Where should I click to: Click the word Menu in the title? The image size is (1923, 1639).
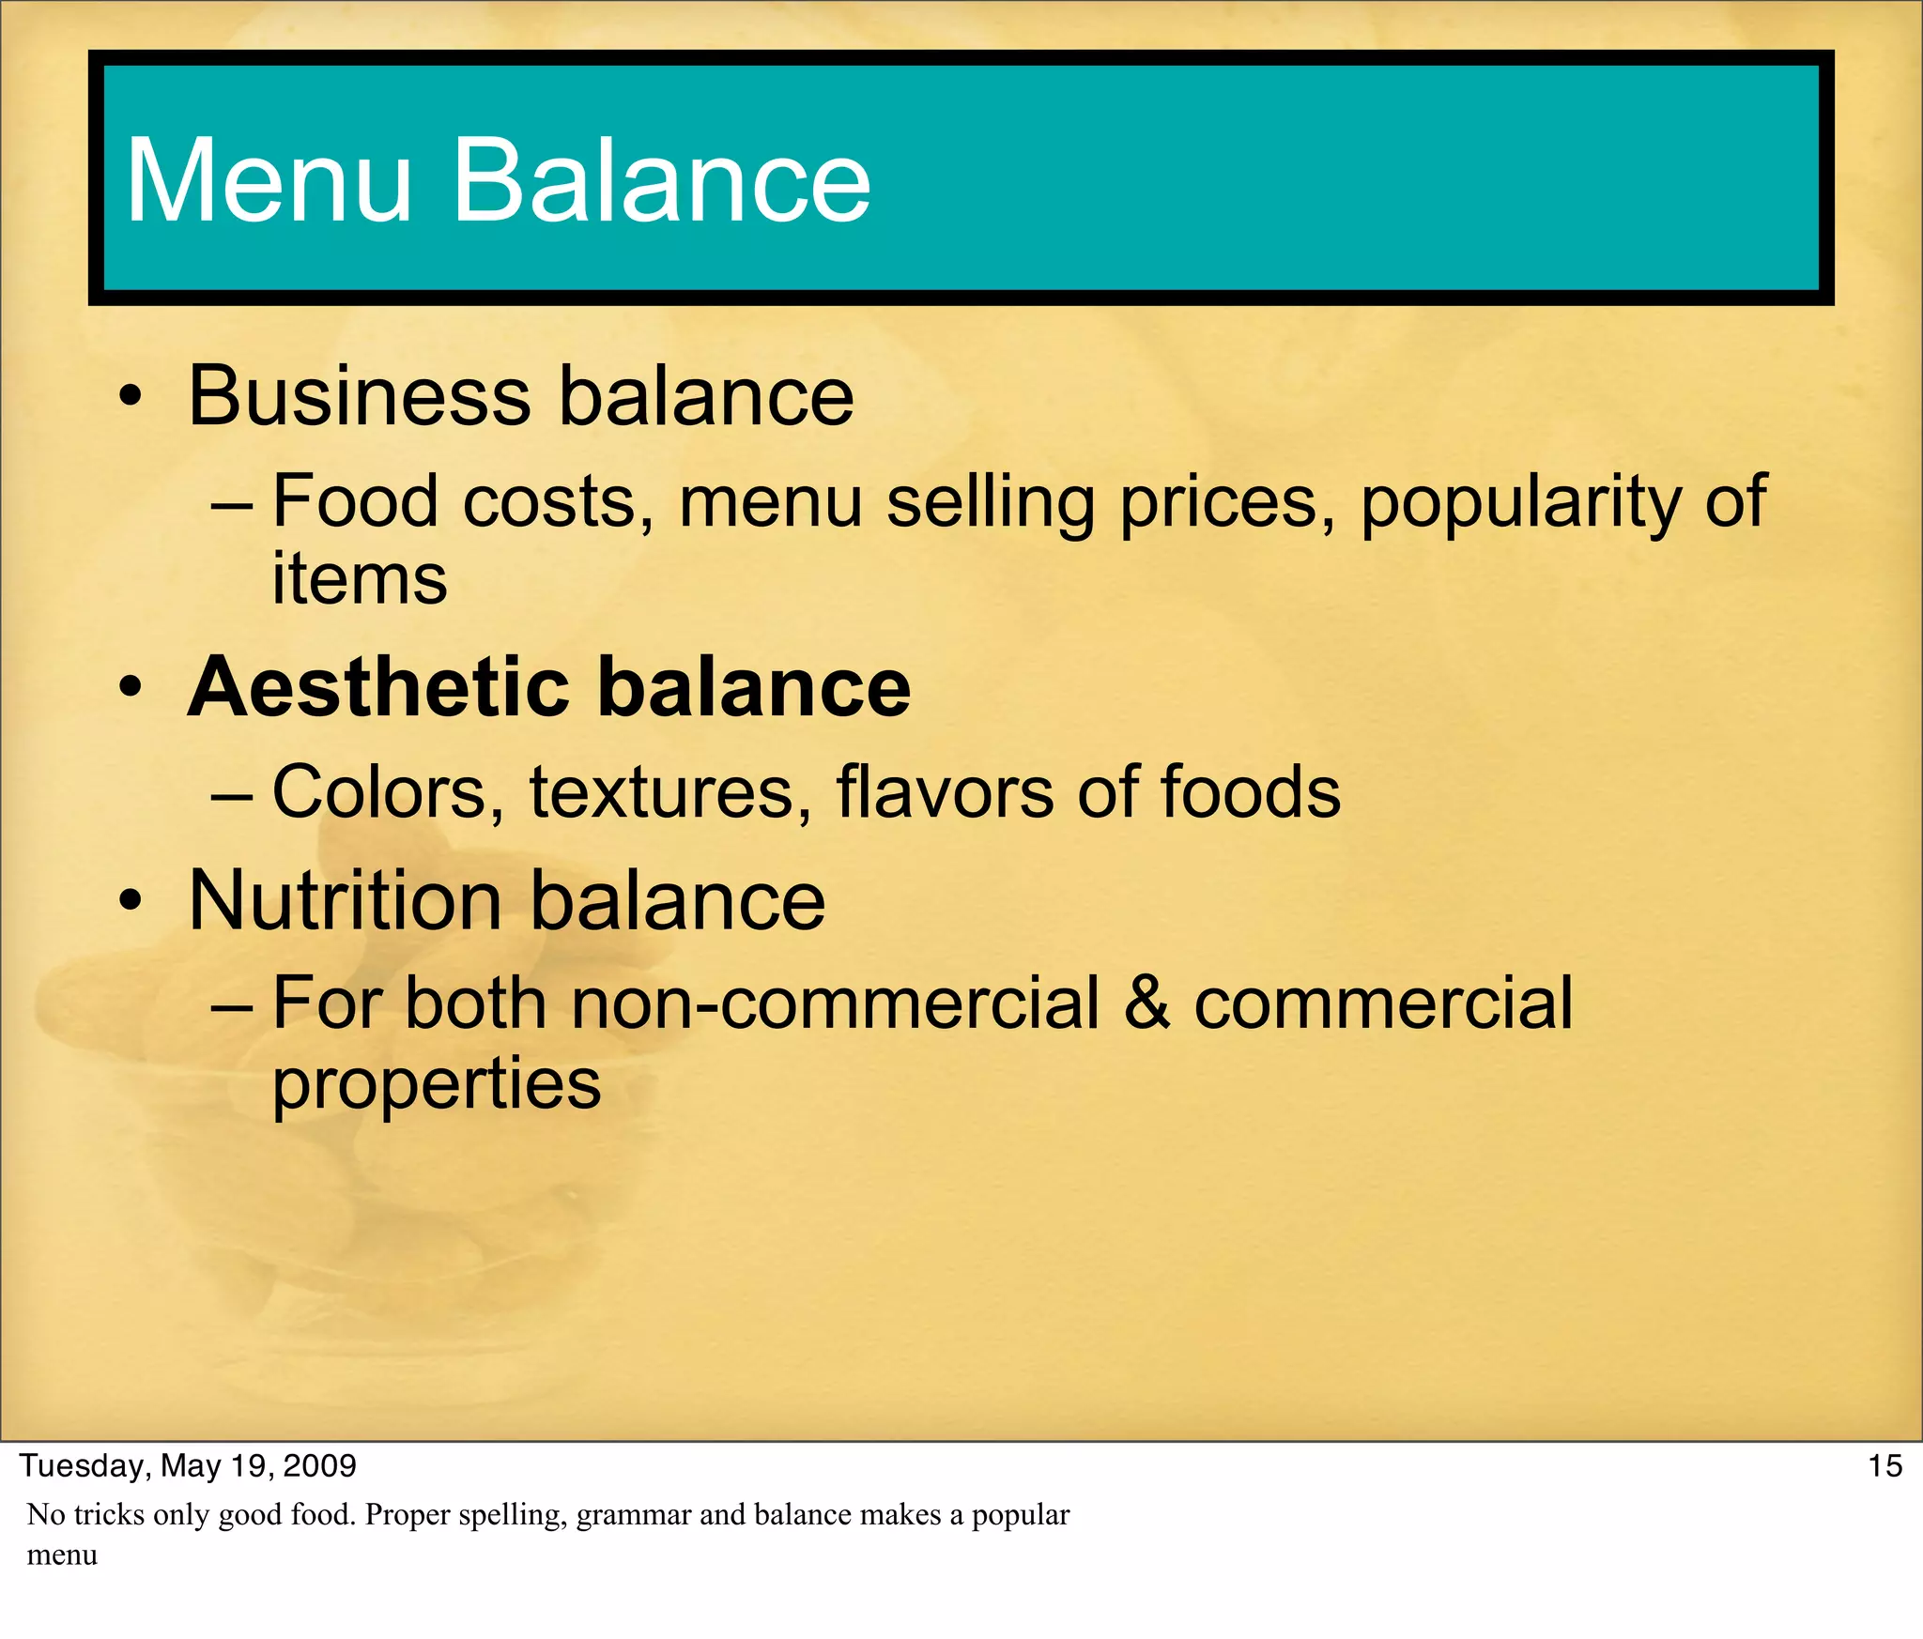click(x=269, y=180)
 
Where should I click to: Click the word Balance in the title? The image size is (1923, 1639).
click(x=662, y=180)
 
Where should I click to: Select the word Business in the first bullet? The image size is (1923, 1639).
click(x=360, y=396)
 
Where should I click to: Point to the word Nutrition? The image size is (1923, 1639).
click(x=346, y=900)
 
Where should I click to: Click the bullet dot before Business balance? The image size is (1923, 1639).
click(x=131, y=399)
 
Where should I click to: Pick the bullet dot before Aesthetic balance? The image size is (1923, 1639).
click(x=131, y=690)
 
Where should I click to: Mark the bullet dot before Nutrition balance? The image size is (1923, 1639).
click(x=131, y=903)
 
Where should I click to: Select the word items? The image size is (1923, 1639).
click(x=360, y=579)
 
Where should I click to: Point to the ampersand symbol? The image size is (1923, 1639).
click(x=1146, y=1003)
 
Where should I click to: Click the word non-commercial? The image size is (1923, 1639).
click(x=836, y=1003)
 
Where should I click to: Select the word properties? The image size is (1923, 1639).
click(x=437, y=1084)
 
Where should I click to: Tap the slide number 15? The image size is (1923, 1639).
click(x=1885, y=1466)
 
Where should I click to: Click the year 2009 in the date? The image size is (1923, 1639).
click(x=319, y=1466)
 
